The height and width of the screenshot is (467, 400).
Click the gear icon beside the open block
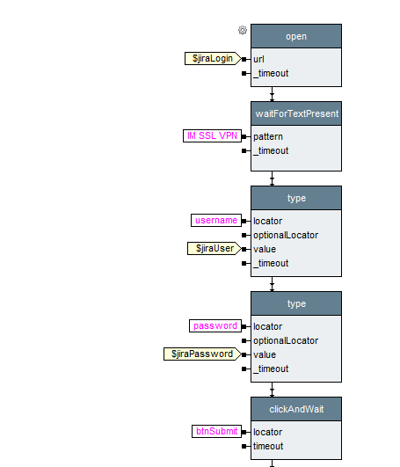[x=243, y=30]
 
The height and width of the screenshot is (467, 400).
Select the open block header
[x=296, y=36]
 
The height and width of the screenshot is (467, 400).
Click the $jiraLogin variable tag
[x=213, y=58]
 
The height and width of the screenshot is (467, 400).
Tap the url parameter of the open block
[x=258, y=59]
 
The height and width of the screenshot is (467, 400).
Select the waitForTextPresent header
[x=296, y=113]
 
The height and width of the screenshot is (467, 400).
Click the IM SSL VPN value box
[x=212, y=135]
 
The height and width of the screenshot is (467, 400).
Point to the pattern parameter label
[x=268, y=136]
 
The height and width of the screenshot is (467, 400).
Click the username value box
[x=216, y=221]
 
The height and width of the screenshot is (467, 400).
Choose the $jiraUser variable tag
[x=215, y=248]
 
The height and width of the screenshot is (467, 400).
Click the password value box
[x=215, y=325]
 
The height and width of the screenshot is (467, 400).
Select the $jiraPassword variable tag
[x=202, y=354]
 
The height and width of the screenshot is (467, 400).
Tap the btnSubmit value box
[x=216, y=431]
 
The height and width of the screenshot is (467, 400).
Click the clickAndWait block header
[x=296, y=409]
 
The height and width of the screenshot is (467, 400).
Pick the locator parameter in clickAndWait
[x=267, y=432]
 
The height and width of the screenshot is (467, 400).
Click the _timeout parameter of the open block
[x=271, y=73]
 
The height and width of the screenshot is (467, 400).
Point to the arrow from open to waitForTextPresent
[x=272, y=94]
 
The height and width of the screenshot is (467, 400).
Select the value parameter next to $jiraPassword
[x=265, y=354]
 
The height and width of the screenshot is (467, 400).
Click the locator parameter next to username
[x=267, y=221]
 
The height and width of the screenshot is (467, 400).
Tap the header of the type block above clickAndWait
[x=296, y=303]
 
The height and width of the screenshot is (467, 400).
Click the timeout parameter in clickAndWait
[x=268, y=446]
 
